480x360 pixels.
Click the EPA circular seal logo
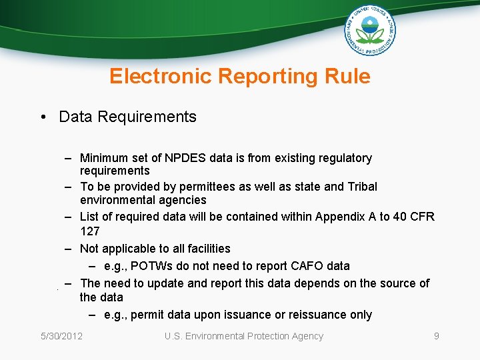(x=370, y=31)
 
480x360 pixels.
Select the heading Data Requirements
(x=127, y=117)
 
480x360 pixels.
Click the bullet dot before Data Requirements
(x=42, y=117)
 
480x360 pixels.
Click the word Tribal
(x=361, y=187)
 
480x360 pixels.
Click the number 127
(x=89, y=231)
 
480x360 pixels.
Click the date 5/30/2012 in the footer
(x=61, y=336)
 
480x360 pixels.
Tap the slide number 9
(x=437, y=336)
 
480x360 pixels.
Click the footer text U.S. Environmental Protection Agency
(x=244, y=336)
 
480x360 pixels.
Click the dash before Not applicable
(x=69, y=249)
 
